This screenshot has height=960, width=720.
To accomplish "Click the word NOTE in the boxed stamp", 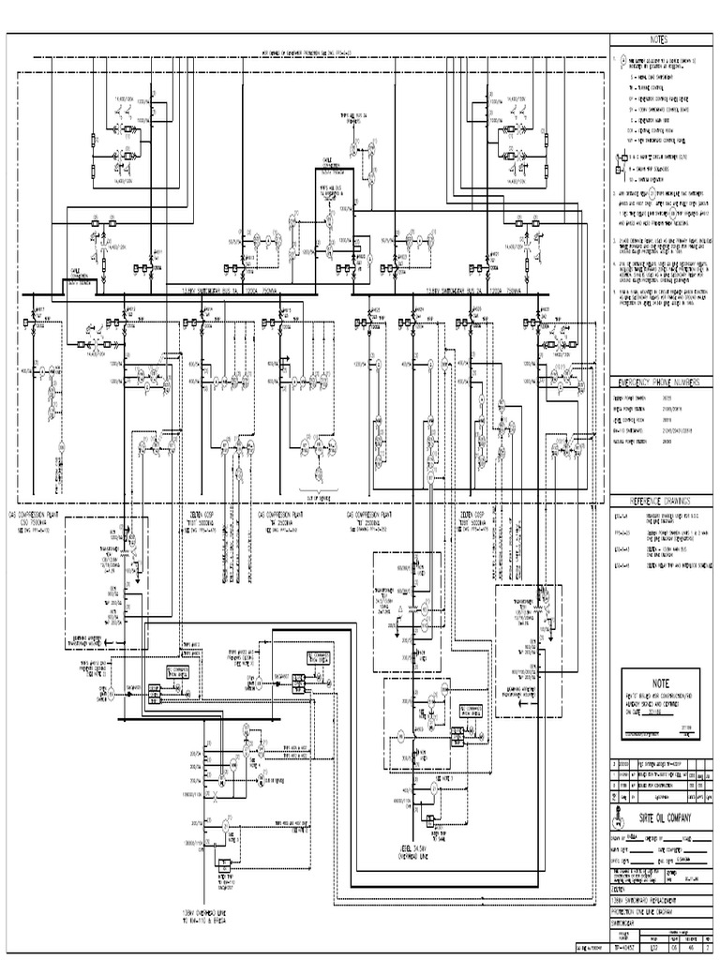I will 662,685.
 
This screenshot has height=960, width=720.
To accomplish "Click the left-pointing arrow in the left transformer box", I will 104,642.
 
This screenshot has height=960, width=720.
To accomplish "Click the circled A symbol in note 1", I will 619,58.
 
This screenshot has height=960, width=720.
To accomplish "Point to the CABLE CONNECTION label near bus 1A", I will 77,275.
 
